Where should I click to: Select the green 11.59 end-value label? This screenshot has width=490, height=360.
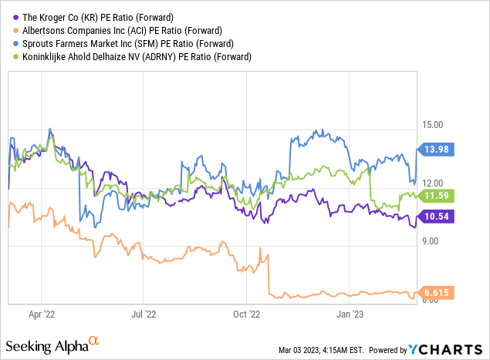(438, 196)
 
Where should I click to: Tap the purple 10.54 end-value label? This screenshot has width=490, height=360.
(438, 217)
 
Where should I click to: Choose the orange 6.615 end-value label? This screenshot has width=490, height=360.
(438, 292)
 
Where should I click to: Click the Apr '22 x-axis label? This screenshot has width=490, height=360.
(41, 315)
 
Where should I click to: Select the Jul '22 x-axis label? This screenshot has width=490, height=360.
(144, 315)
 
